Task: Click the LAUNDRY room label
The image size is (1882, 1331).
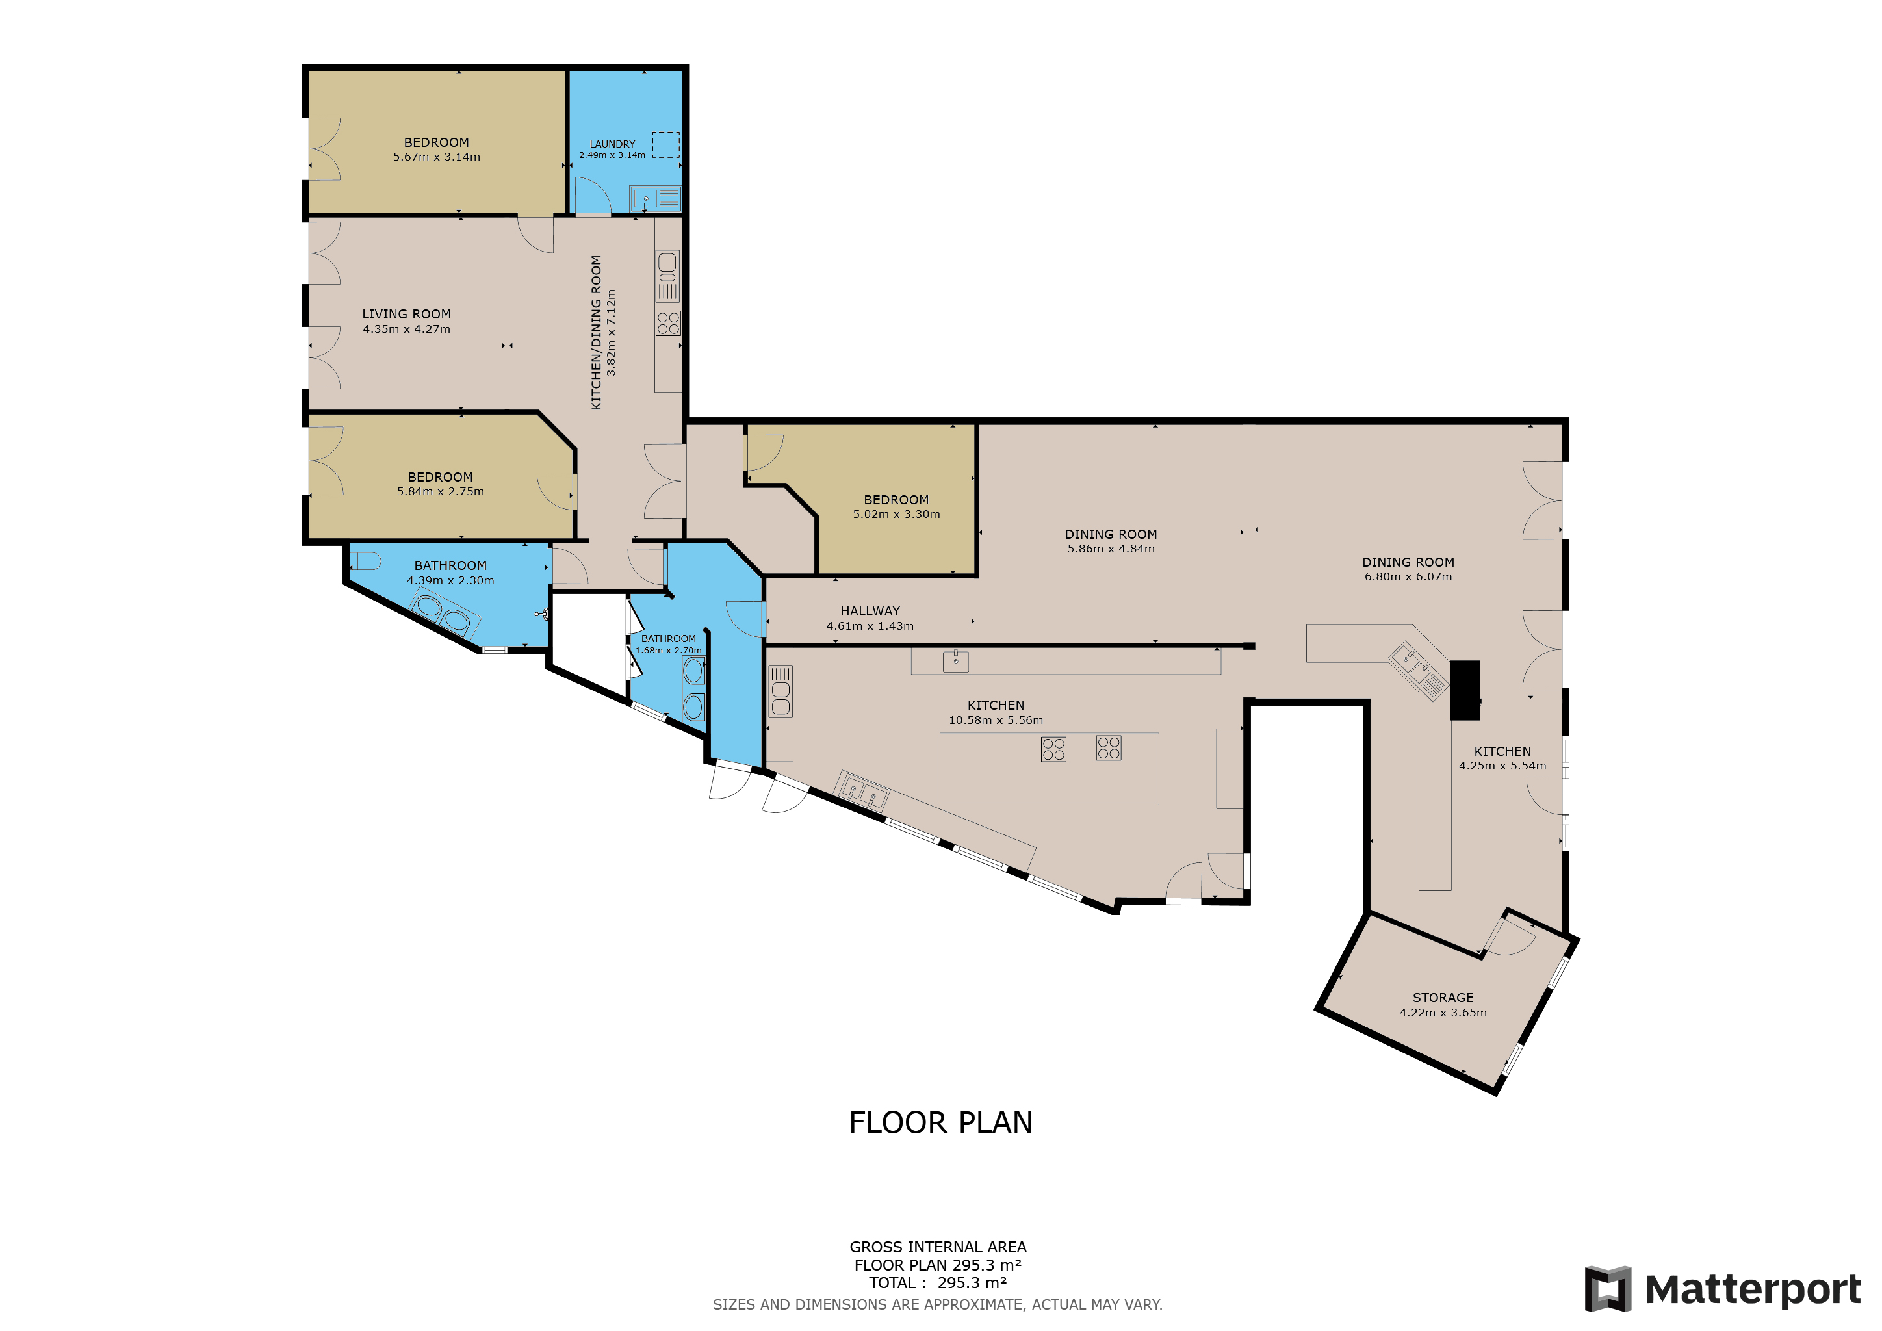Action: [x=612, y=144]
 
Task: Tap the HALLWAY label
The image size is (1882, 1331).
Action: [x=870, y=612]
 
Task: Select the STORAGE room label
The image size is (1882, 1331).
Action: [x=1443, y=998]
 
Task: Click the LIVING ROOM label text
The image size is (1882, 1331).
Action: [x=407, y=314]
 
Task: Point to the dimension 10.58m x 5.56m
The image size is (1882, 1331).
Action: [x=996, y=720]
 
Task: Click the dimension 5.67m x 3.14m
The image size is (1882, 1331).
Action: [x=437, y=157]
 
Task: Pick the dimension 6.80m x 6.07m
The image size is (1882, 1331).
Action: [x=1408, y=577]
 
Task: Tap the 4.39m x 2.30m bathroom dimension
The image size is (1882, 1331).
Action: [x=451, y=581]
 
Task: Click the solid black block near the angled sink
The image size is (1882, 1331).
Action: [x=1465, y=690]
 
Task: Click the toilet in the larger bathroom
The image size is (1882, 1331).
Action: [x=366, y=562]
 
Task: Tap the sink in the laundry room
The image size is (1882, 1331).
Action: [x=646, y=198]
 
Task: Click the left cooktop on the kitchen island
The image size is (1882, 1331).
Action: [x=1053, y=749]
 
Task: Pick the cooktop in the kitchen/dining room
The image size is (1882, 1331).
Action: [x=668, y=323]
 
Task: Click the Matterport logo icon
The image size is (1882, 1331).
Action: [x=1607, y=1289]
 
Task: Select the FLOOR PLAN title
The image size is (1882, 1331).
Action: [x=940, y=1123]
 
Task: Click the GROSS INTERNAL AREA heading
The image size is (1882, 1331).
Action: [x=938, y=1247]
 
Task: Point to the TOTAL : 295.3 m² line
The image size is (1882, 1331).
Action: [x=938, y=1284]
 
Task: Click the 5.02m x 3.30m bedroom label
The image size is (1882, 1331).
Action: [x=896, y=515]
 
